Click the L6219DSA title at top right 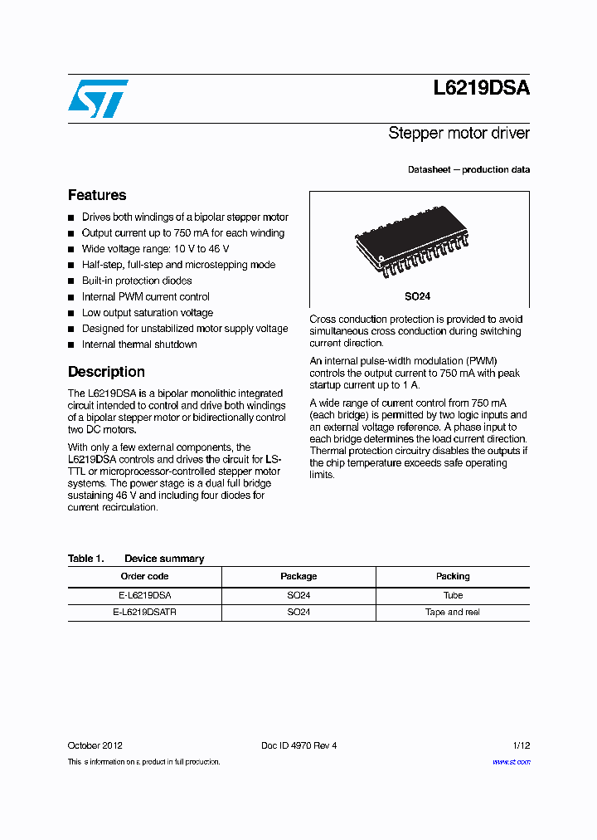tap(481, 90)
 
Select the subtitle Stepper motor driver tap(459, 133)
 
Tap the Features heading tap(97, 195)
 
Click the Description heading tap(106, 372)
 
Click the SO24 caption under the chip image tap(417, 296)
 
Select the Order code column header tap(144, 576)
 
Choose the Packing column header tap(453, 576)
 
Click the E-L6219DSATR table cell tap(144, 612)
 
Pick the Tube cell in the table tap(453, 595)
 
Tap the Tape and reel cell tap(453, 612)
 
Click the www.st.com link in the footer tap(511, 761)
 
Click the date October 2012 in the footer tap(95, 745)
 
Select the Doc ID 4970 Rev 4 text tap(298, 745)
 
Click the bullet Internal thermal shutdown tap(139, 344)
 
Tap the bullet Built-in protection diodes tap(137, 281)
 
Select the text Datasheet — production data tap(468, 169)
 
